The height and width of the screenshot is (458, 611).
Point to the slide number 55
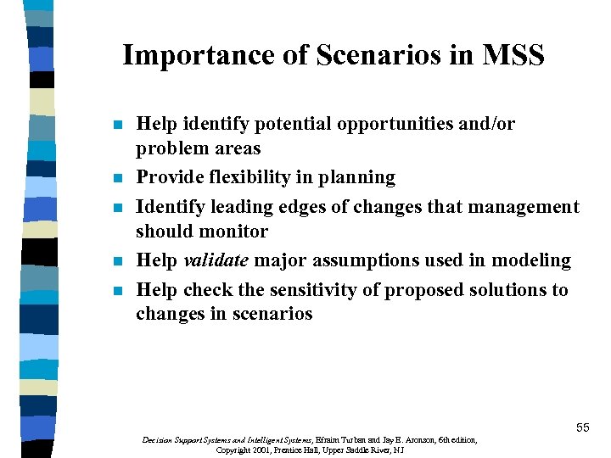(x=583, y=427)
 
